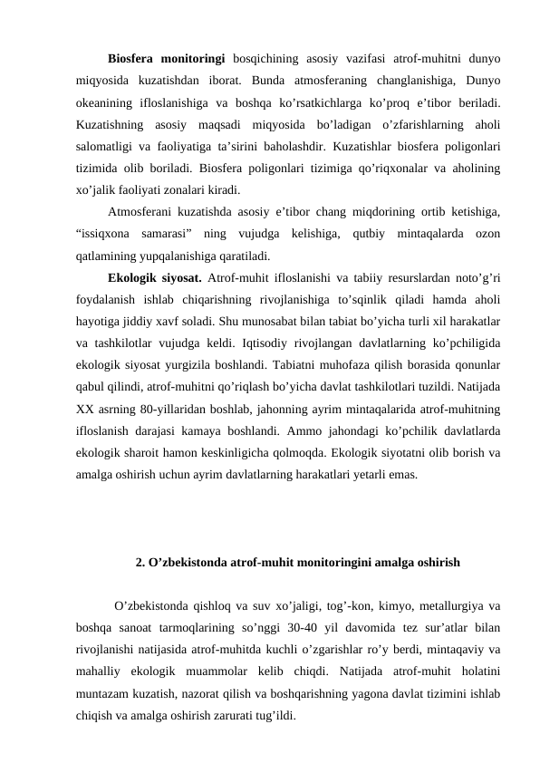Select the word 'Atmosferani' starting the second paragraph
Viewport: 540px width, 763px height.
tap(141, 212)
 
